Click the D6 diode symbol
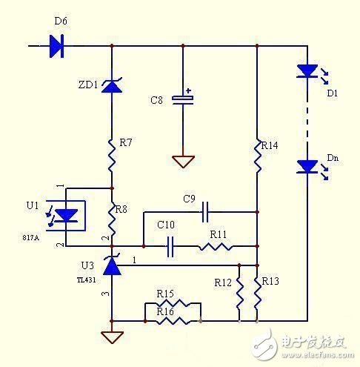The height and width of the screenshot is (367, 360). pyautogui.click(x=56, y=47)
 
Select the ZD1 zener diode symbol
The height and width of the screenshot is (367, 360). pyautogui.click(x=111, y=87)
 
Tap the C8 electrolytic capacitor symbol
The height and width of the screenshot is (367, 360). pyautogui.click(x=182, y=99)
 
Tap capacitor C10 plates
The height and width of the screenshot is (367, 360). pyautogui.click(x=172, y=246)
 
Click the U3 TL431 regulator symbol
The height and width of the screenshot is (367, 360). pyautogui.click(x=111, y=265)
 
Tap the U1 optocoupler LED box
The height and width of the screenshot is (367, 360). pyautogui.click(x=67, y=216)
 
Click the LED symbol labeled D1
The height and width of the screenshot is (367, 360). pyautogui.click(x=306, y=72)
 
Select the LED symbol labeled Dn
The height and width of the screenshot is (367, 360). pyautogui.click(x=306, y=167)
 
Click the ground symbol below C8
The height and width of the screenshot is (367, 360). pyautogui.click(x=182, y=162)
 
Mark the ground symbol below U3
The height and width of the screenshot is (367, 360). pyautogui.click(x=111, y=338)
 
